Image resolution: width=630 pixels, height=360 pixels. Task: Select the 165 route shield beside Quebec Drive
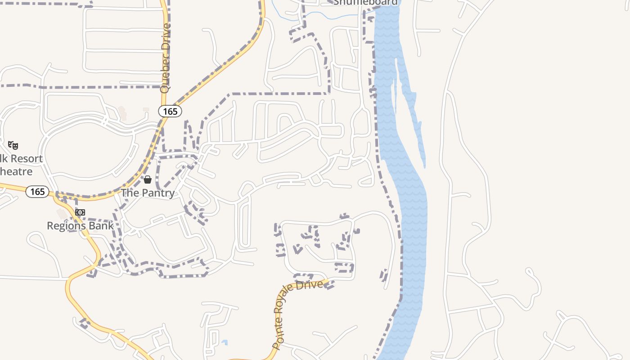pyautogui.click(x=170, y=111)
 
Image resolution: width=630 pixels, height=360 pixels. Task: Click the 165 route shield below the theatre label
pyautogui.click(x=37, y=192)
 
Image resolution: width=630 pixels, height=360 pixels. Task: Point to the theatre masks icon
pyautogui.click(x=13, y=145)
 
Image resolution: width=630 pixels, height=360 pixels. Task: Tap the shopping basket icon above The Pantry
pyautogui.click(x=148, y=180)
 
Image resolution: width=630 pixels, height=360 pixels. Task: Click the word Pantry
pyautogui.click(x=157, y=193)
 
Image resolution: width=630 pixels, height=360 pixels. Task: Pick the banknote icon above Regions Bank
pyautogui.click(x=80, y=212)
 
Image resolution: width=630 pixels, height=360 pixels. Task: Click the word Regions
pyautogui.click(x=66, y=225)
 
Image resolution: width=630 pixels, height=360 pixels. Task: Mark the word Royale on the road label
pyautogui.click(x=291, y=295)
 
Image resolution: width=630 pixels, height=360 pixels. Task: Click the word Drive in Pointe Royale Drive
pyautogui.click(x=313, y=285)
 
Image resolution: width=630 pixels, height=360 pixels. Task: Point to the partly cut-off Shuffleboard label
pyautogui.click(x=365, y=3)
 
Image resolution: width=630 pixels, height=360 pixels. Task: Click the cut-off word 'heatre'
pyautogui.click(x=16, y=171)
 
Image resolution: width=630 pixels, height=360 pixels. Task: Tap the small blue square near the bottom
pyautogui.click(x=225, y=343)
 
